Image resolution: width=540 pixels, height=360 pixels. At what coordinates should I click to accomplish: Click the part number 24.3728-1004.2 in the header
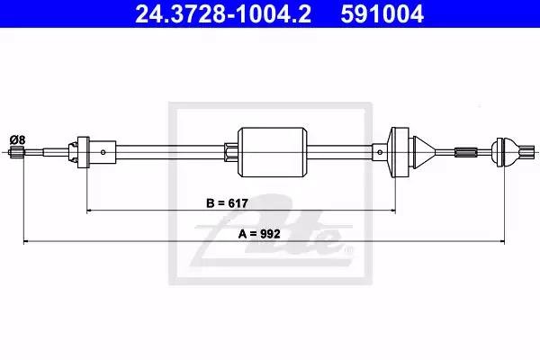(223, 13)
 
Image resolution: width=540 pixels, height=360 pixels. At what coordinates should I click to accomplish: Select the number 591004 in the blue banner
(382, 13)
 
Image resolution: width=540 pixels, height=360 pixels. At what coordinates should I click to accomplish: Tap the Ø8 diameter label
(18, 139)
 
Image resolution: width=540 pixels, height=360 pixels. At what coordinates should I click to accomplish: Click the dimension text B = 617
(227, 203)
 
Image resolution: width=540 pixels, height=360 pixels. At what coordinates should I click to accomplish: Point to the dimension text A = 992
(259, 234)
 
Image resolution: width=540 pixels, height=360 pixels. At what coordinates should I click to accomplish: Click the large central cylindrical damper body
(273, 152)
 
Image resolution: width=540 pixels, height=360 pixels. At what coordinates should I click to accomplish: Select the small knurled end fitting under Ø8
(16, 151)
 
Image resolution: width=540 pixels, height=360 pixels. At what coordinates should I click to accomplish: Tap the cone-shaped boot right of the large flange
(424, 152)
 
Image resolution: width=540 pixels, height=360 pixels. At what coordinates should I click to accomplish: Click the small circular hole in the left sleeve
(103, 152)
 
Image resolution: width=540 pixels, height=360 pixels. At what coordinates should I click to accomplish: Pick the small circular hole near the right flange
(380, 152)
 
